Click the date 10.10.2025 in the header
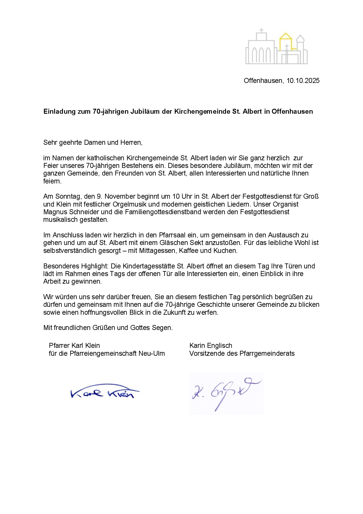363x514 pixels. point(303,81)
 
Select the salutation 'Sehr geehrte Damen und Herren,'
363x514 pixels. point(93,142)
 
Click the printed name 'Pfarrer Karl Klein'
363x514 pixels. point(74,345)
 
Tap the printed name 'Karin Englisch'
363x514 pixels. point(211,345)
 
